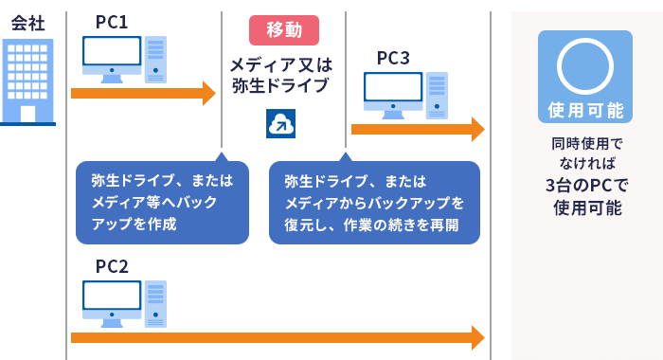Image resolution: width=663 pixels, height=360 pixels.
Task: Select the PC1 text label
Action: pos(112,21)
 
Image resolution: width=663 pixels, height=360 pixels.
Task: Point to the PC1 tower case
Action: pos(155,60)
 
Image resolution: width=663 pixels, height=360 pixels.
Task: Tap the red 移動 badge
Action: pos(283,30)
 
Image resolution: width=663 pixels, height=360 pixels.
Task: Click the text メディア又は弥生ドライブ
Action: pos(283,76)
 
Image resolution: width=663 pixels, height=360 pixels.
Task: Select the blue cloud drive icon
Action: pos(282,123)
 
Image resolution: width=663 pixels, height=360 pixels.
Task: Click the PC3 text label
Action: pos(393,59)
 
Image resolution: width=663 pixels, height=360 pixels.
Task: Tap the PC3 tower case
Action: pos(436,96)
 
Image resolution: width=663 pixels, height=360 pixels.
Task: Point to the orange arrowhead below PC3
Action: pos(477,130)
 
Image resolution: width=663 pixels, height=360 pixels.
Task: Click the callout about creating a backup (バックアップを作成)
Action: pos(162,202)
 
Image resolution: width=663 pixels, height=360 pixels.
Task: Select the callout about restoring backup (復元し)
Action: pos(374,202)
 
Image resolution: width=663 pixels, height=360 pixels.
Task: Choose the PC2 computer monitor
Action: pos(111,301)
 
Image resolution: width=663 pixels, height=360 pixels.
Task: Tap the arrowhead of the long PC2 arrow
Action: pos(477,336)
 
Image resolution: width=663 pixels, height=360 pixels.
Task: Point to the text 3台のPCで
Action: pos(584,185)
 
